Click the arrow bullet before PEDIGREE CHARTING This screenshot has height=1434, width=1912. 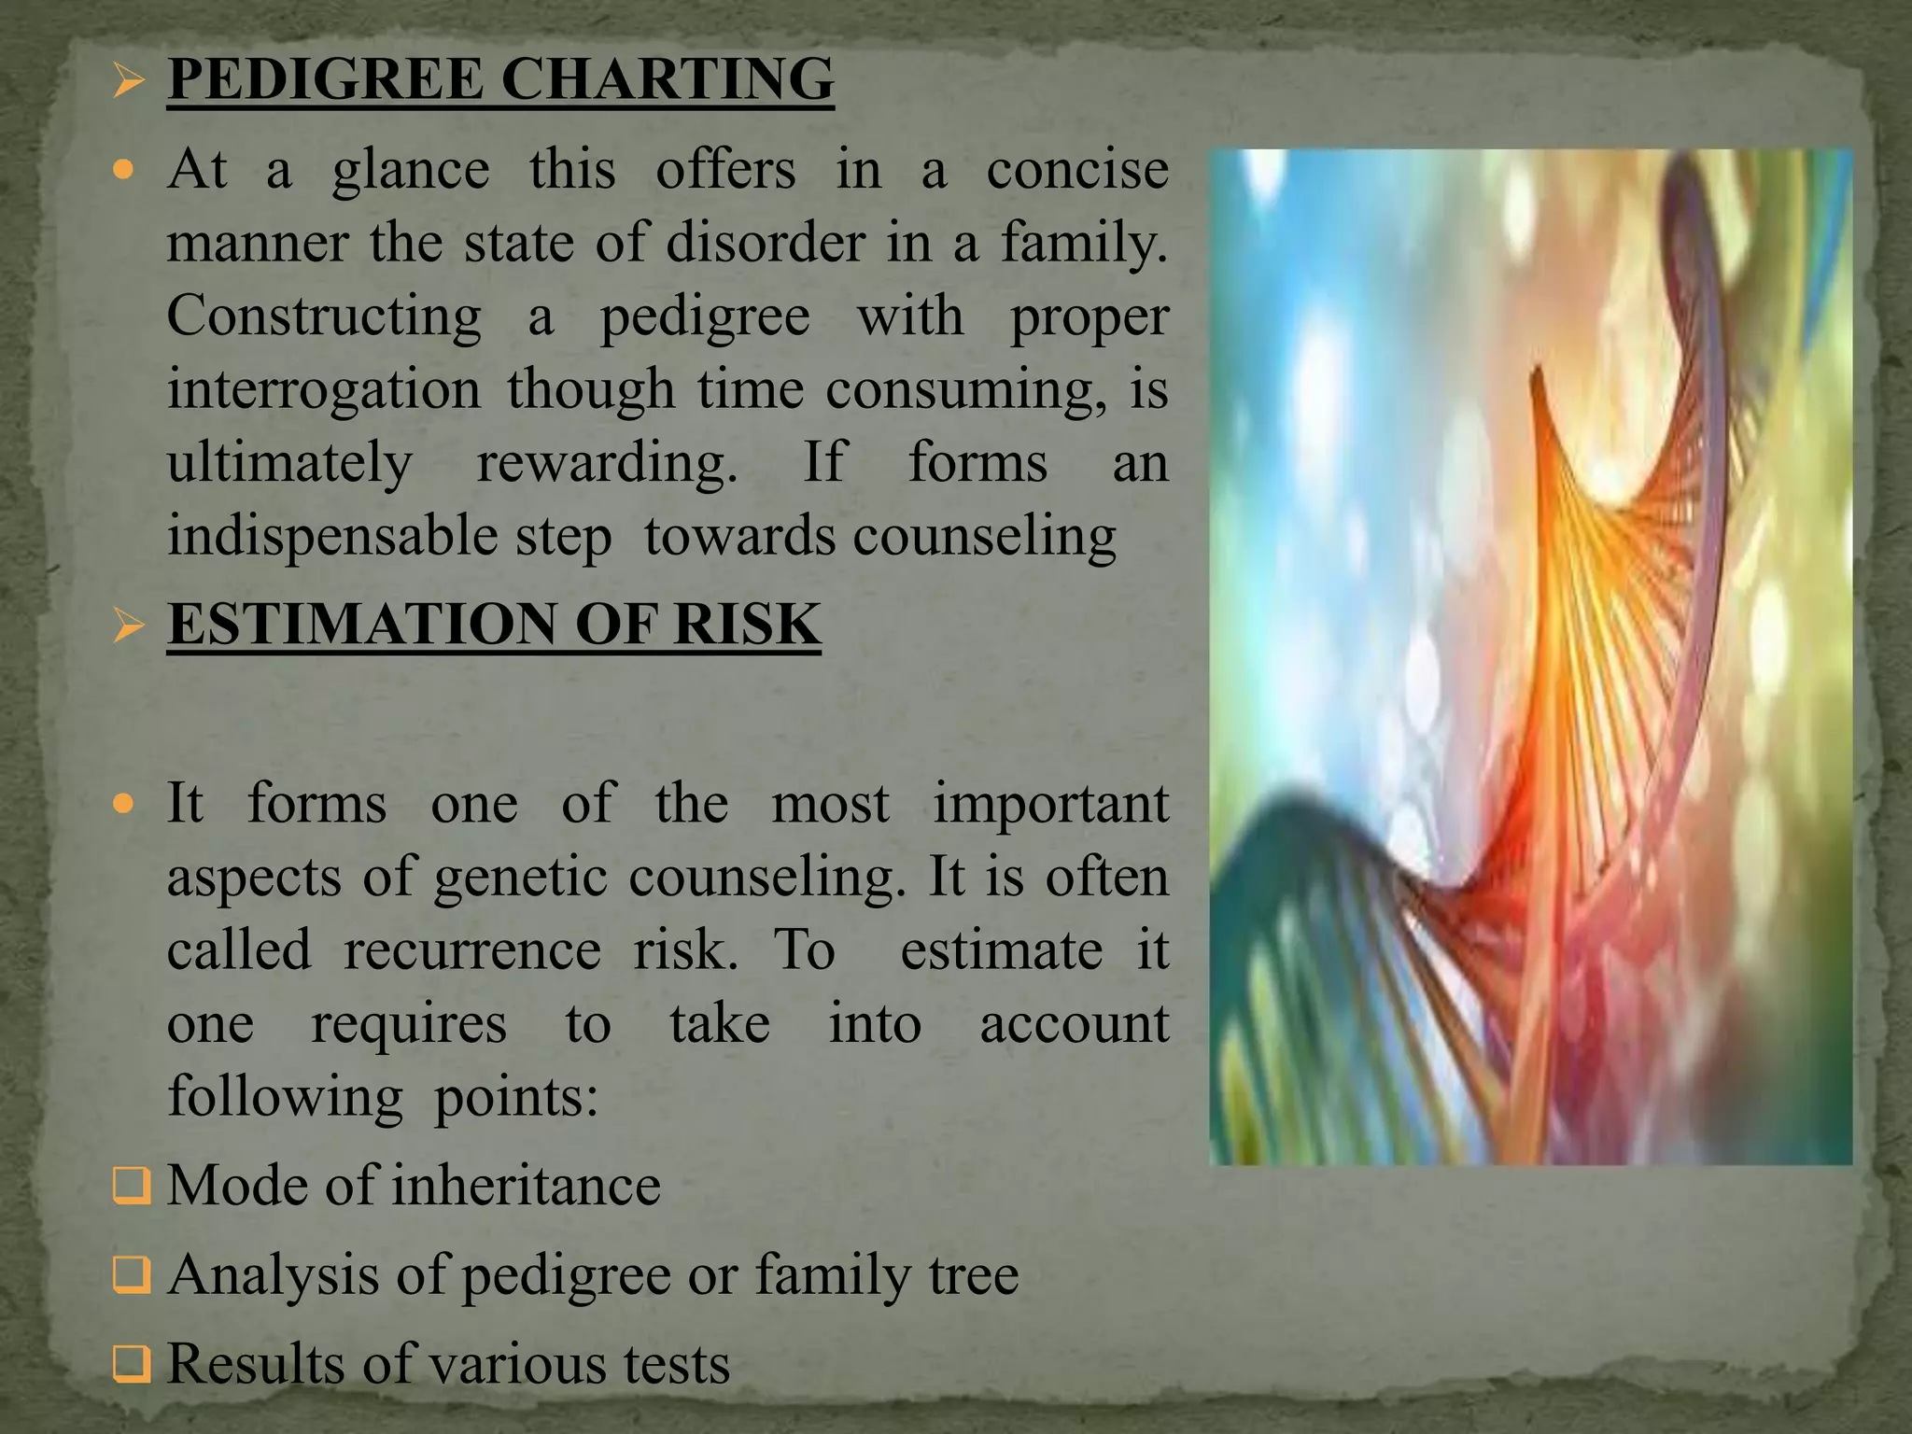tap(128, 81)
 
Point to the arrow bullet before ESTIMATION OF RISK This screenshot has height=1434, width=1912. tap(128, 626)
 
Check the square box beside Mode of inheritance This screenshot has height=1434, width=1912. tap(130, 1187)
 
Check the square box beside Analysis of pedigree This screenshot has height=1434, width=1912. tap(130, 1275)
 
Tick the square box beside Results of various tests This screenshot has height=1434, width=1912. tap(130, 1364)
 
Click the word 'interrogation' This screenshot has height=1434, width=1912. tap(324, 389)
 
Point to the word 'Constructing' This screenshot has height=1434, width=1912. tap(324, 316)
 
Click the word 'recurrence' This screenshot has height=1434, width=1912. tap(472, 950)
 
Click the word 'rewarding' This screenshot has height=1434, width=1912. tap(607, 464)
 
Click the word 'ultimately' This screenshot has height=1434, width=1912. tap(289, 464)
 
